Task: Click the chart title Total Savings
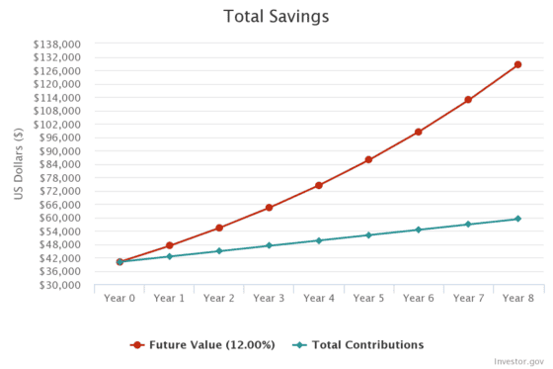click(x=276, y=17)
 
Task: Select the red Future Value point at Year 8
click(x=517, y=65)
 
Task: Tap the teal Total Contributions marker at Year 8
click(x=517, y=219)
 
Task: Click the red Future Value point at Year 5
click(x=368, y=159)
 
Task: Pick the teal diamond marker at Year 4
click(x=319, y=240)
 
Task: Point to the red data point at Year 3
click(x=269, y=208)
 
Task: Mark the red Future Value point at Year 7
click(x=468, y=100)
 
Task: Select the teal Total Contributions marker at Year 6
click(x=418, y=230)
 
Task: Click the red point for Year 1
click(x=169, y=245)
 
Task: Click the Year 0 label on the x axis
click(x=119, y=298)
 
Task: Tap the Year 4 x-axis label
click(x=319, y=298)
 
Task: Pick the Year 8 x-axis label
click(x=517, y=298)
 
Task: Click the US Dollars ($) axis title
click(x=19, y=164)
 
